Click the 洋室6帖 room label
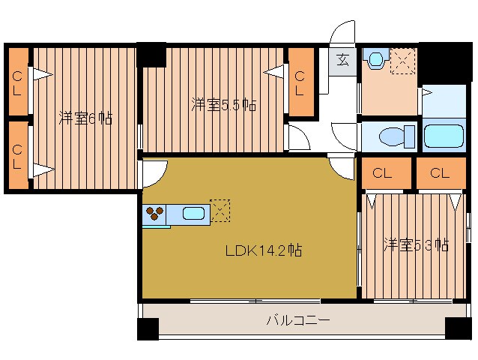[x=85, y=118]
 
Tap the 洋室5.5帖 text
[x=223, y=105]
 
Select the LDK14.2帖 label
[x=264, y=251]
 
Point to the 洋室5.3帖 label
[x=416, y=245]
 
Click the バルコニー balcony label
[x=298, y=321]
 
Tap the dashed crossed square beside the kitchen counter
[x=221, y=211]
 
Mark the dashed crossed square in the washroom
[x=403, y=59]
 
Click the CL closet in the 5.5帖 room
[x=300, y=82]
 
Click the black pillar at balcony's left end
[x=148, y=328]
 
